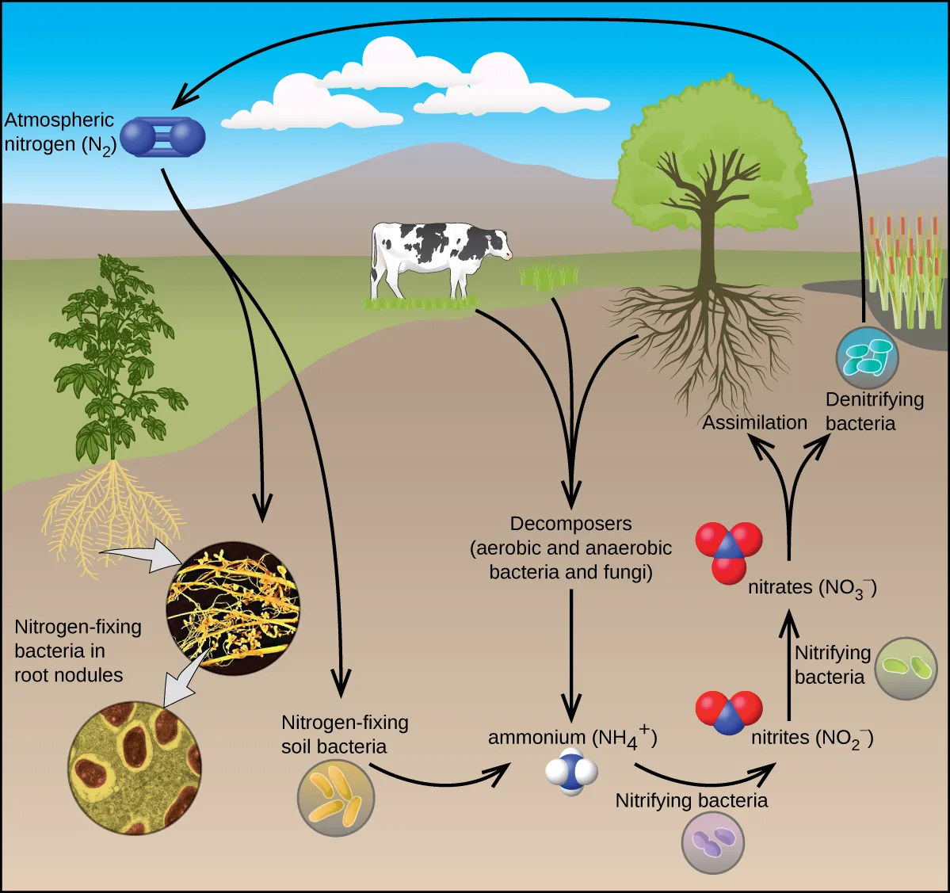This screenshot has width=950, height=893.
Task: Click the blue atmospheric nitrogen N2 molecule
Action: pyautogui.click(x=163, y=137)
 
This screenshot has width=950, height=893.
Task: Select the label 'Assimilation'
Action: pyautogui.click(x=754, y=422)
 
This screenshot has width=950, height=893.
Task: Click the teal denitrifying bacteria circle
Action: pyautogui.click(x=868, y=357)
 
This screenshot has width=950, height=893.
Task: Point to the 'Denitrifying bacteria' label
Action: pyautogui.click(x=873, y=411)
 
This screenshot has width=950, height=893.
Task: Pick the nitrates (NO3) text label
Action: pyautogui.click(x=812, y=588)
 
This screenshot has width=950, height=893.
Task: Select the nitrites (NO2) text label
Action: pyautogui.click(x=812, y=738)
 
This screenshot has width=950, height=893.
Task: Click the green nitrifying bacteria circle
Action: pyautogui.click(x=906, y=668)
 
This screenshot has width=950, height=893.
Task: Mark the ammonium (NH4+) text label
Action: pyautogui.click(x=572, y=738)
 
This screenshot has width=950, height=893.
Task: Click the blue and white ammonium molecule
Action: pyautogui.click(x=571, y=772)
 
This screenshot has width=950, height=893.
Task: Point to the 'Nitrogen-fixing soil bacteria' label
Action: pyautogui.click(x=345, y=735)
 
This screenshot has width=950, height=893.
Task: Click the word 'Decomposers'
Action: pyautogui.click(x=570, y=524)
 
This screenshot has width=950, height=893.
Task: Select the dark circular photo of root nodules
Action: pyautogui.click(x=233, y=607)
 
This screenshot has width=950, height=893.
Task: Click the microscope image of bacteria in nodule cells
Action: pyautogui.click(x=134, y=767)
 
